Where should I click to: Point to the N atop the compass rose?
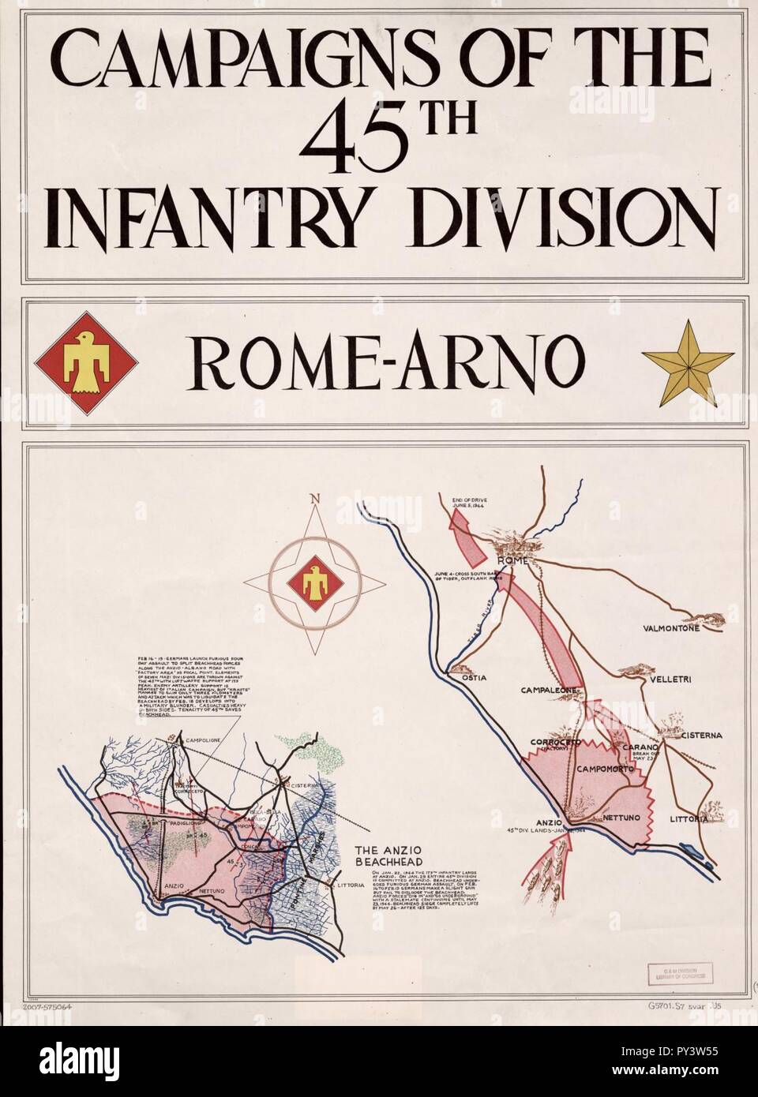coord(316,498)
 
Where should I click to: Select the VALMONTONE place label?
coord(665,629)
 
